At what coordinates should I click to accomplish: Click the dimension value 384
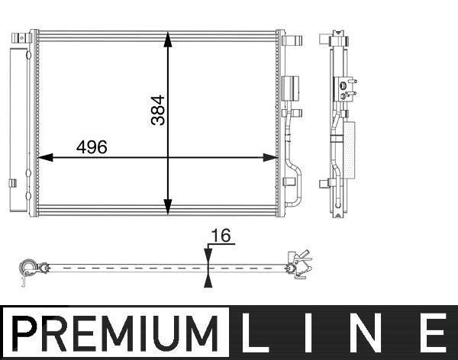click(158, 110)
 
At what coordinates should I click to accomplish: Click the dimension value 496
click(92, 147)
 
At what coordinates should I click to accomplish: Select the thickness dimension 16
click(221, 236)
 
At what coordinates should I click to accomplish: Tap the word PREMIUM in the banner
click(115, 333)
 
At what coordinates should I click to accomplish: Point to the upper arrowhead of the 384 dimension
click(168, 39)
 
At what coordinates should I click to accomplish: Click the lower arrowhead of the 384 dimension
click(168, 207)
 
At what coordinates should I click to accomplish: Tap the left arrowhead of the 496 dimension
click(45, 158)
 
